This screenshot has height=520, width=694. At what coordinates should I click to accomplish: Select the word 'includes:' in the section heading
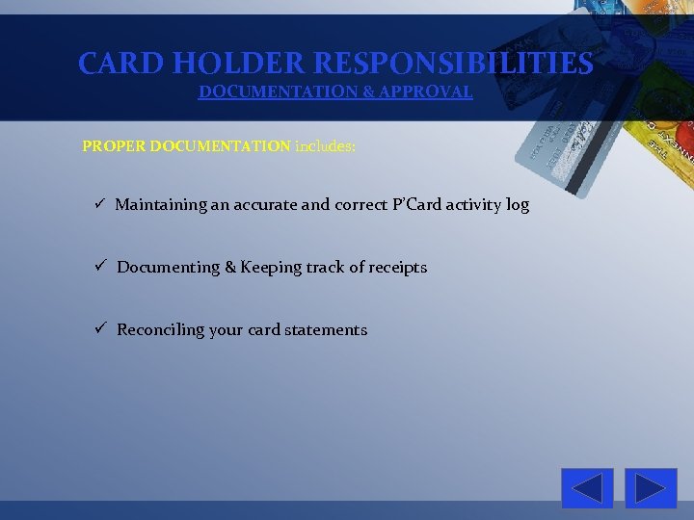[x=325, y=146]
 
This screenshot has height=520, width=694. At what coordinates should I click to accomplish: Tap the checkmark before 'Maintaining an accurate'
[x=99, y=205]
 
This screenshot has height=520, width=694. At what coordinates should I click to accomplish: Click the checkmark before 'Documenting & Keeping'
[x=99, y=267]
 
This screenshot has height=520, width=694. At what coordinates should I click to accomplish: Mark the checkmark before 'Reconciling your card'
[x=99, y=329]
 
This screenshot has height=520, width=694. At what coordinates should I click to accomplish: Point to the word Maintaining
[x=161, y=204]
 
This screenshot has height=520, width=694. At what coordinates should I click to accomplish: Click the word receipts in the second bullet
[x=394, y=267]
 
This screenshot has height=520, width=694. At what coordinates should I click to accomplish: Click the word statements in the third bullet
[x=328, y=329]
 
